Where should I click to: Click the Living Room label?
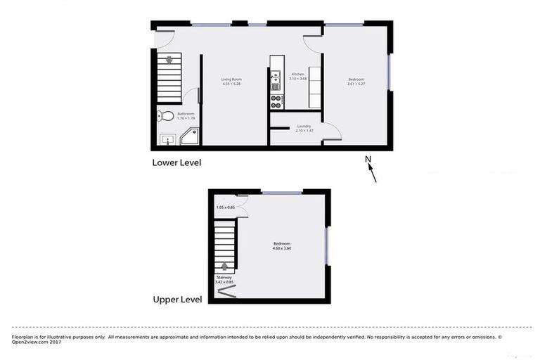coord(231,79)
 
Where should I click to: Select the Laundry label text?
coord(304,126)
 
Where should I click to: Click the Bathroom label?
coord(186,113)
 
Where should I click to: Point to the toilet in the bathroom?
coord(164,116)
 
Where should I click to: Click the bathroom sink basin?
coord(167,139)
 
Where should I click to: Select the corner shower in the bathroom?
coord(189,138)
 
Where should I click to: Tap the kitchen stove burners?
coord(276,102)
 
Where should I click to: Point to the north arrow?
coord(373,173)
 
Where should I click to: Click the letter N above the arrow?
coord(367,158)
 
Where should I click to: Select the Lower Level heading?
coord(176,162)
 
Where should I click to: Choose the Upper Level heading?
coord(177,299)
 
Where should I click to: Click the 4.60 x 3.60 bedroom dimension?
coord(281,248)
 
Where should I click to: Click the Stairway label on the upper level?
coord(225,278)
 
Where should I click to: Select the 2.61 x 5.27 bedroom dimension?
coord(356,84)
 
